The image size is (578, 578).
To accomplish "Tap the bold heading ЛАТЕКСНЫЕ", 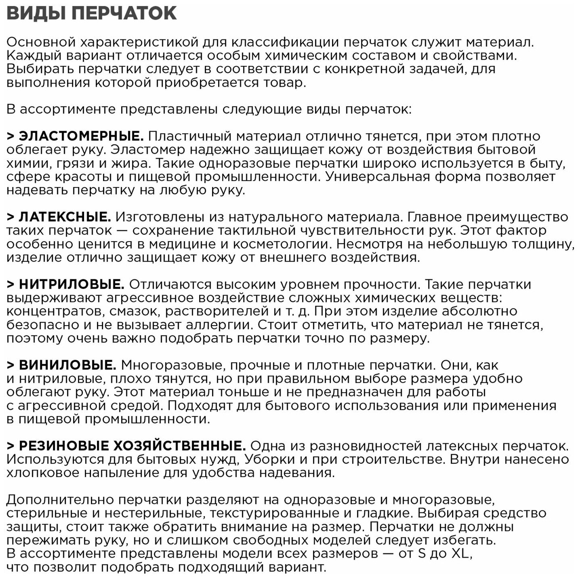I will pyautogui.click(x=65, y=217).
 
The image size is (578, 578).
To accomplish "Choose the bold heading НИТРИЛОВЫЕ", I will pyautogui.click(x=72, y=284).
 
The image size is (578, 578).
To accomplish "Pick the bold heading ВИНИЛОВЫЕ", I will pyautogui.click(x=68, y=365).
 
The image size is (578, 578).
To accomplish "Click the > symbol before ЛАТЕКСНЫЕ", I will pyautogui.click(x=10, y=217).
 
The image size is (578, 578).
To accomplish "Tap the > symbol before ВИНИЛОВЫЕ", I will pyautogui.click(x=10, y=365).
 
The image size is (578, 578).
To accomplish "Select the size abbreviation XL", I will pyautogui.click(x=460, y=553).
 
